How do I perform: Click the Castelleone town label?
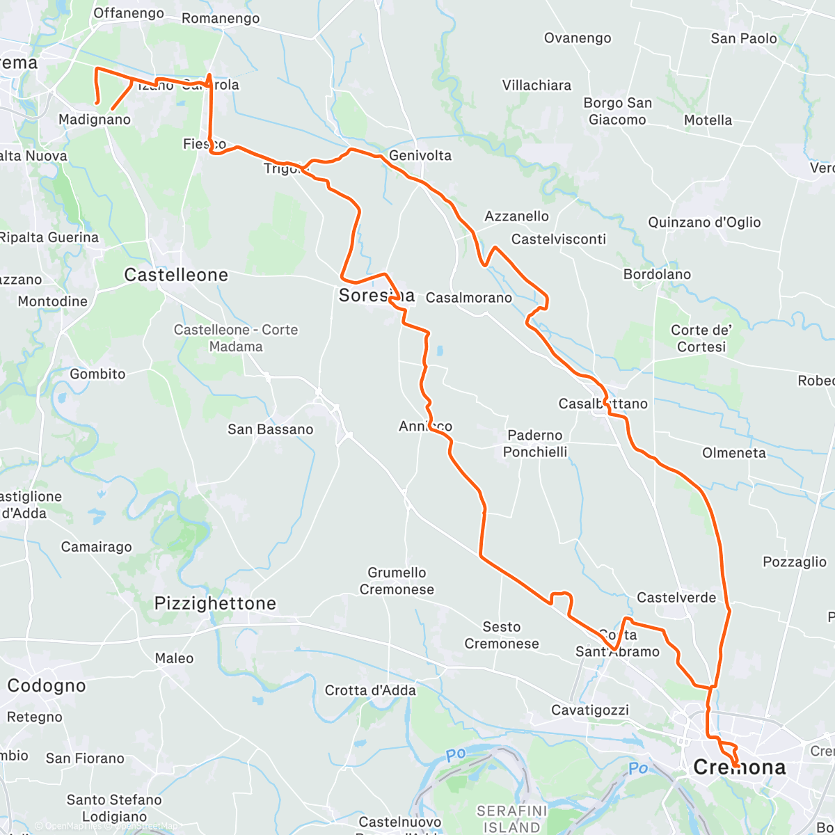(176, 275)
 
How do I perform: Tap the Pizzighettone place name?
(215, 603)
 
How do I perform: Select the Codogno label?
(47, 685)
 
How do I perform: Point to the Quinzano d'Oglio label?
(704, 223)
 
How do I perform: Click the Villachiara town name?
(536, 86)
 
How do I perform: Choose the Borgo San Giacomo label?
(617, 111)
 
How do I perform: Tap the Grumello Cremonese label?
(397, 581)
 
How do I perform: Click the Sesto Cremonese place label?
(501, 635)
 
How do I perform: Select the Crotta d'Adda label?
(370, 690)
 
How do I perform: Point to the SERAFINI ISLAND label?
(511, 819)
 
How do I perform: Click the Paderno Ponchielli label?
(535, 443)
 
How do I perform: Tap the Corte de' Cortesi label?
(701, 338)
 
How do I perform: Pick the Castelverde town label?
(676, 598)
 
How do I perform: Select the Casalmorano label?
(469, 298)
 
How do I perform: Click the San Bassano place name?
(270, 429)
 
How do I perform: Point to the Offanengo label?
(129, 13)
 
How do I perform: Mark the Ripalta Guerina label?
(49, 237)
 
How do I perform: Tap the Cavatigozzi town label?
(590, 710)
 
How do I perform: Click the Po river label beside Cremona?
(637, 768)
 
